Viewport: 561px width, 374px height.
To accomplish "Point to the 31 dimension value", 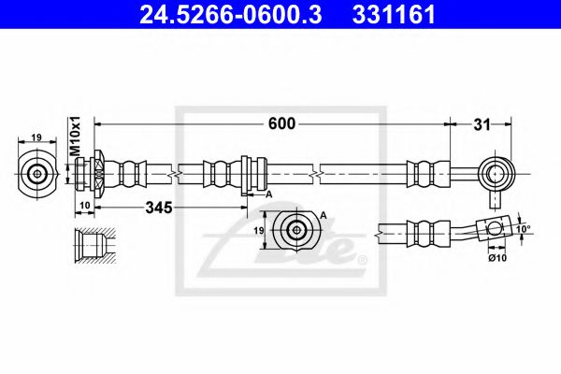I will (483, 123).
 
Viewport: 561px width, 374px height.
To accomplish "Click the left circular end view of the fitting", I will (38, 173).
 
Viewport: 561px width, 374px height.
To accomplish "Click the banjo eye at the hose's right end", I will (495, 173).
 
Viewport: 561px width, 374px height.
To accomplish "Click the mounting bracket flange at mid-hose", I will (245, 174).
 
